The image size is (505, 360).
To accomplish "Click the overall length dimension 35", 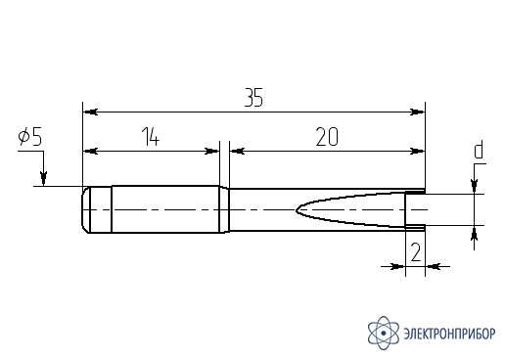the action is [x=253, y=97].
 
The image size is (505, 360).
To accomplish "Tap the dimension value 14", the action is [x=151, y=137].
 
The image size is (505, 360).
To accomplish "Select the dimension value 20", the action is [x=327, y=137].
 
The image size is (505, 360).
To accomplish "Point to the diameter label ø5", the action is [x=30, y=137].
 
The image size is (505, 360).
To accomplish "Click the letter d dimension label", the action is [x=479, y=150].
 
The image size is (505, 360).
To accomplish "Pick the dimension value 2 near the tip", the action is [x=416, y=252].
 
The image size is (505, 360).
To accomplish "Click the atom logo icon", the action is [x=384, y=334].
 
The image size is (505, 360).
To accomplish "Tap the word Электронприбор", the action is [x=449, y=334].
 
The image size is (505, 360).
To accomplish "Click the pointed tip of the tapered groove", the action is [x=297, y=209].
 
